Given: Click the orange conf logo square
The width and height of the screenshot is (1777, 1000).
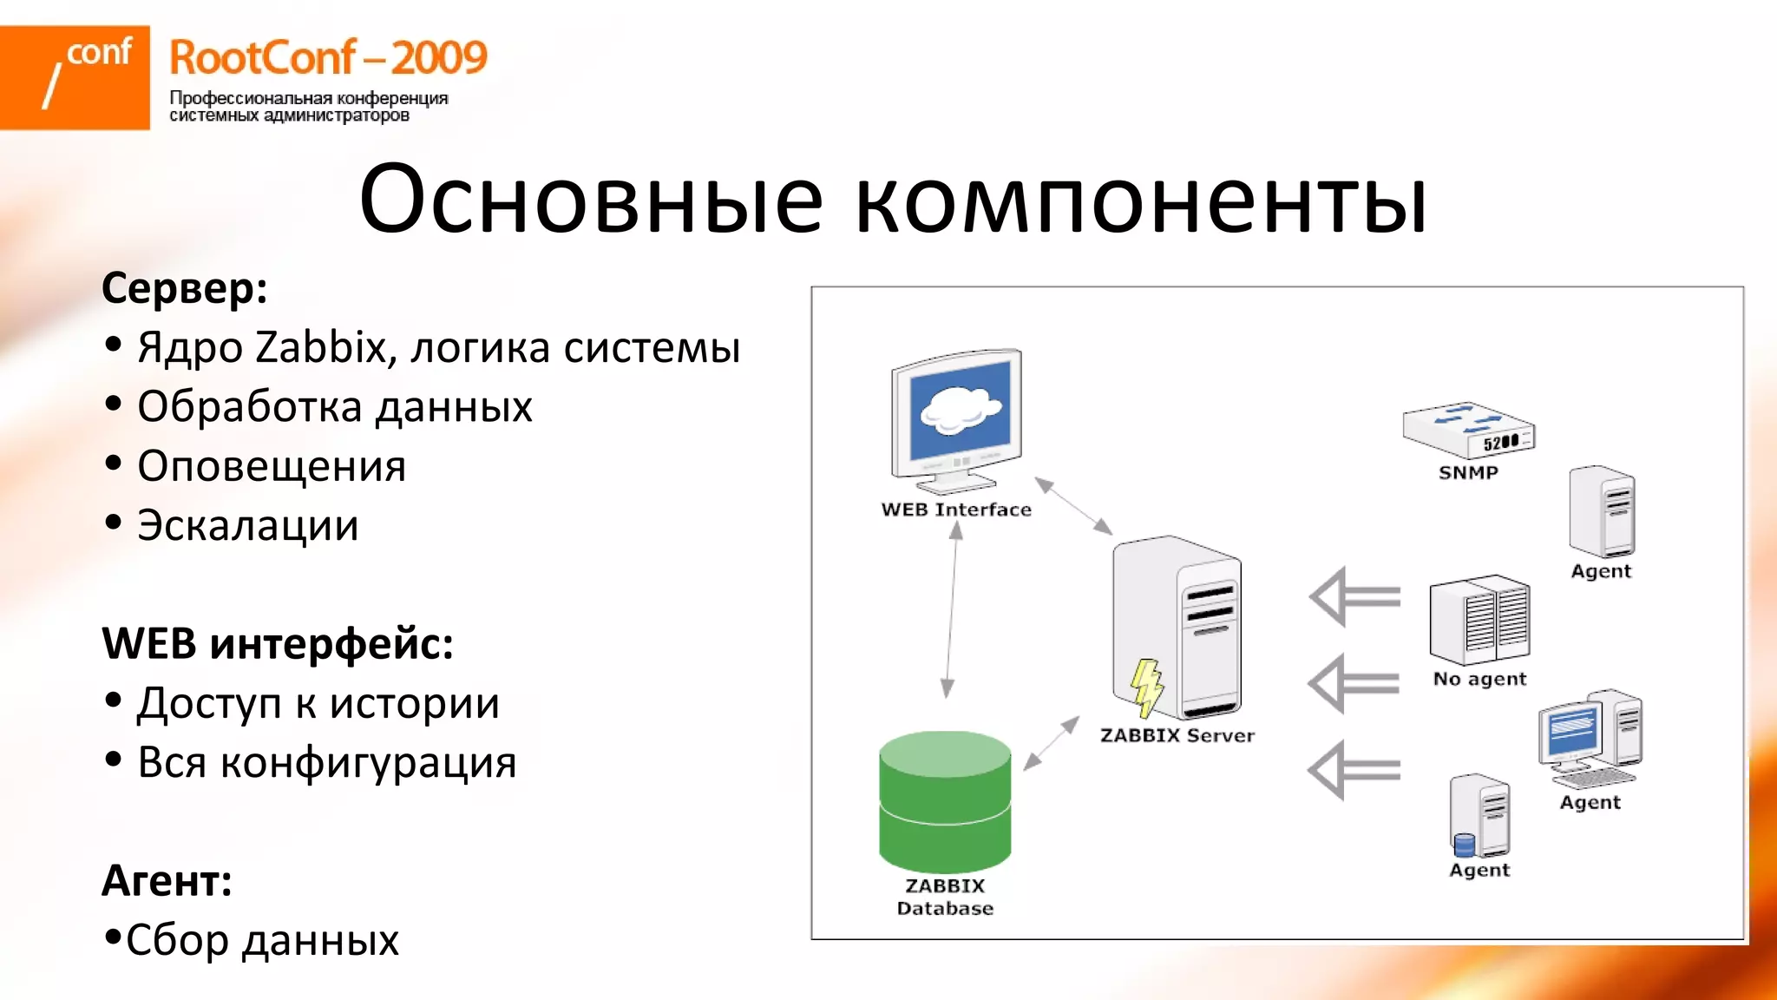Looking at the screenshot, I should (x=75, y=77).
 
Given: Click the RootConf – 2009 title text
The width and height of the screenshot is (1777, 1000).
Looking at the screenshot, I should (x=328, y=58).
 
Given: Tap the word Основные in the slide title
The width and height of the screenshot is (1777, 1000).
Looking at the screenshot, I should (x=590, y=200).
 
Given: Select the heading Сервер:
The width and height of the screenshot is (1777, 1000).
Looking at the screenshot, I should (x=184, y=287).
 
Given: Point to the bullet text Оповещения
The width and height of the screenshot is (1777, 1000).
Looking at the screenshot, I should (x=272, y=466).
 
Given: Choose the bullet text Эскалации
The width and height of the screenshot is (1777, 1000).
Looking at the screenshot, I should (x=248, y=526).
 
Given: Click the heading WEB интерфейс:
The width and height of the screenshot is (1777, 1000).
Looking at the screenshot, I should (x=278, y=644).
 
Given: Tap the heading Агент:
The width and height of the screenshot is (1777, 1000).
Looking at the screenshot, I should (x=167, y=881).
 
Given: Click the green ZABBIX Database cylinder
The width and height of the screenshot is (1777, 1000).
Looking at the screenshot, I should (x=945, y=802).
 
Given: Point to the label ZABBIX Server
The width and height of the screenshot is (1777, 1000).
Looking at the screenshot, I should (x=1177, y=735).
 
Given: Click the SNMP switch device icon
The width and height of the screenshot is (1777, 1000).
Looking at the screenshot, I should (x=1468, y=430).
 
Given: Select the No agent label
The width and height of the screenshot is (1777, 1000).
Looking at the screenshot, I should (x=1479, y=679).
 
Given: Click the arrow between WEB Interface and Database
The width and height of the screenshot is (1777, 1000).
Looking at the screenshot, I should (x=952, y=611).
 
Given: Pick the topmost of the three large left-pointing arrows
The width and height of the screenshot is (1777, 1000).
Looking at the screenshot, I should (x=1354, y=597).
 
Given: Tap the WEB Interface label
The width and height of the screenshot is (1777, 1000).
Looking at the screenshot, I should (x=956, y=510).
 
